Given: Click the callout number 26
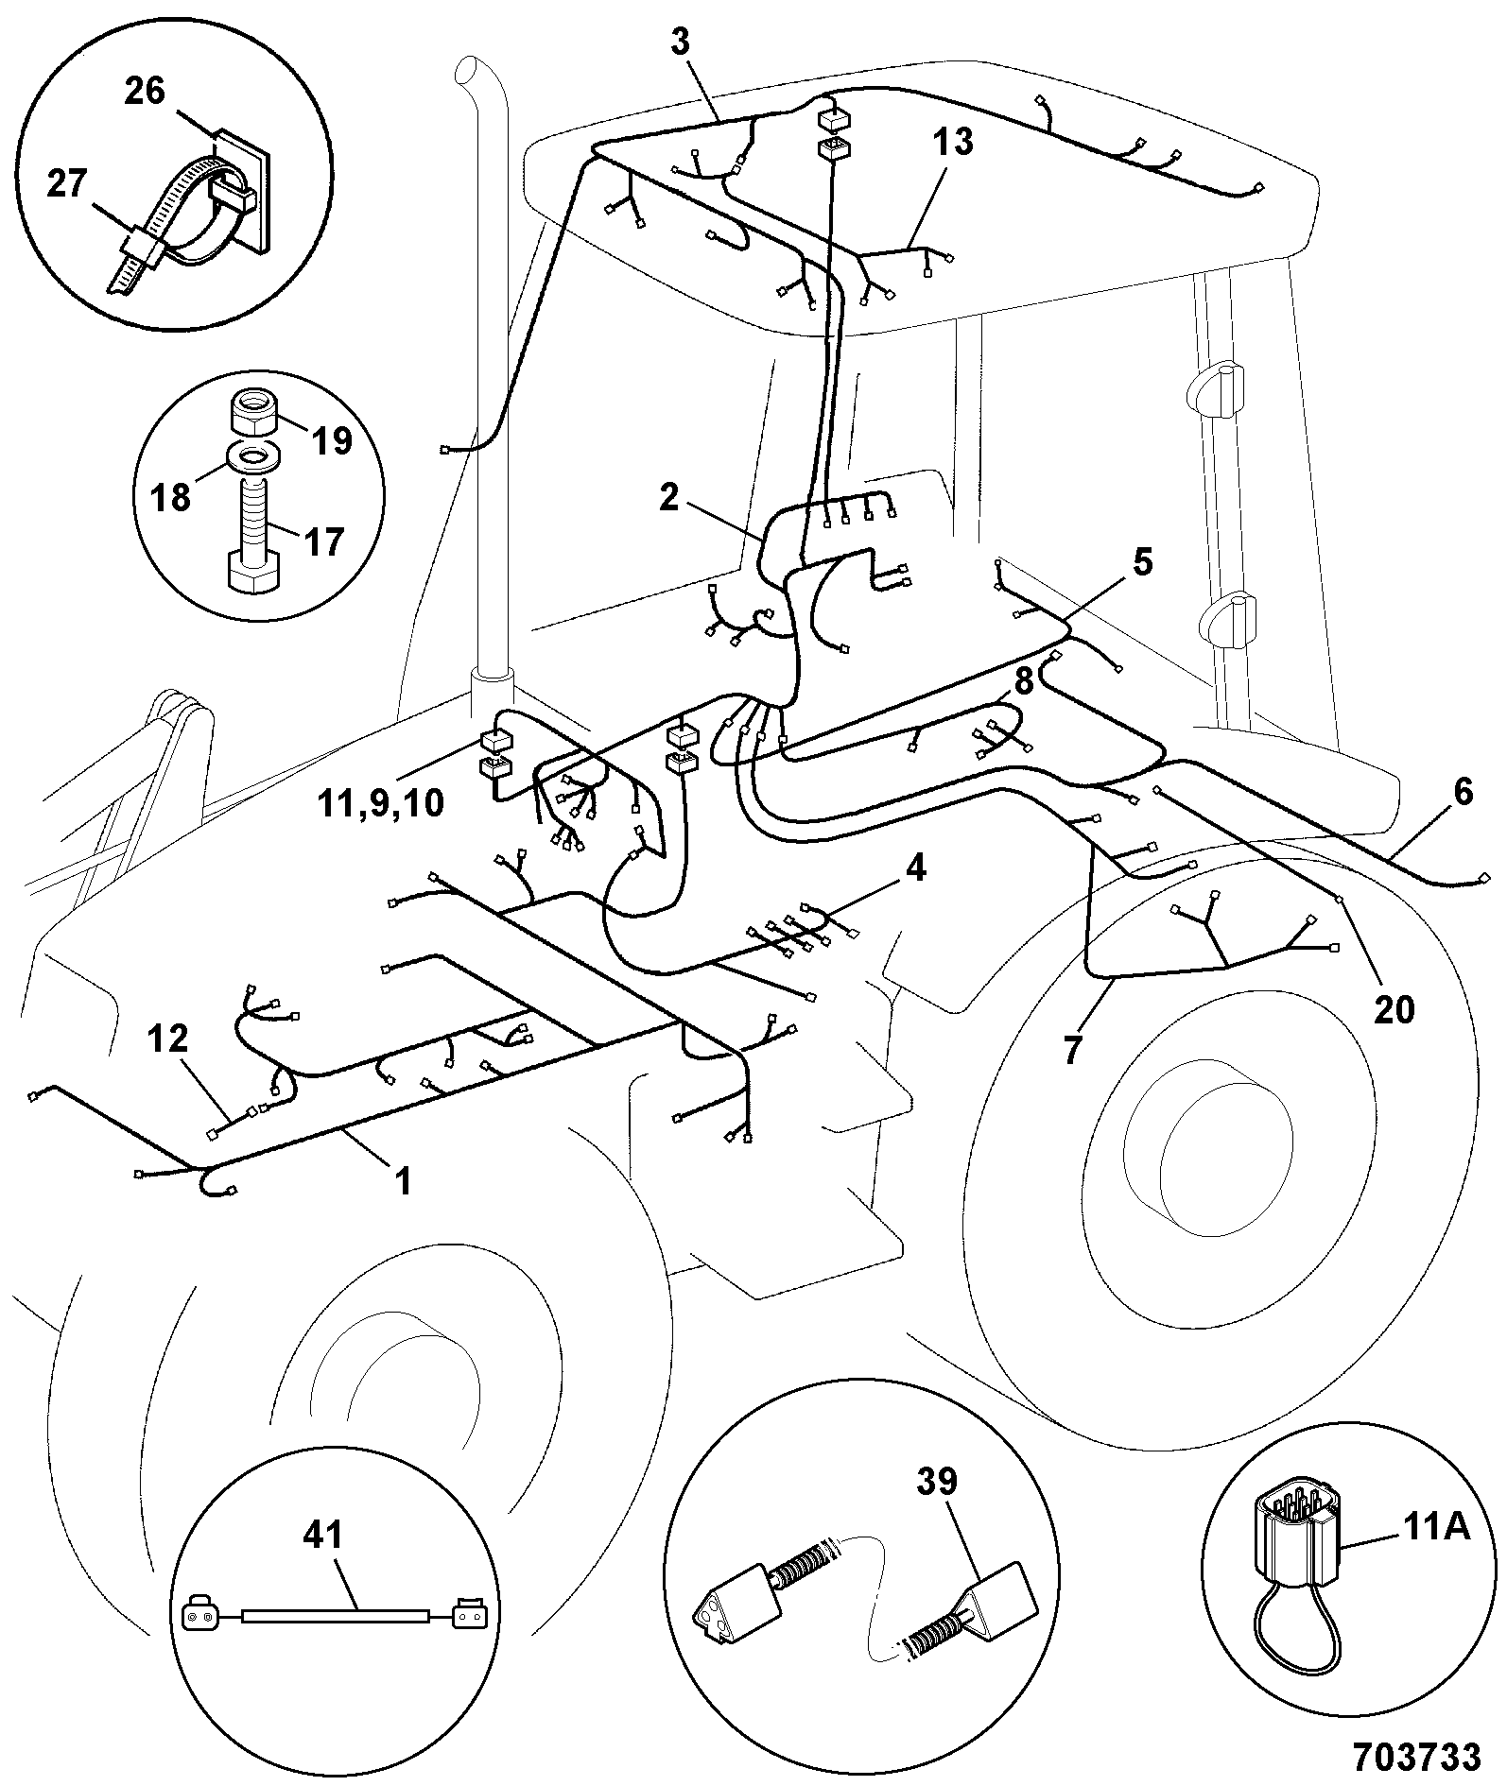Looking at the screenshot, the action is [145, 92].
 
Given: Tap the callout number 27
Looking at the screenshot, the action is [67, 183].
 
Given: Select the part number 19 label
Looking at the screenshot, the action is [332, 439].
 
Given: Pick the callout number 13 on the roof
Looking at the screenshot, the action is [952, 144].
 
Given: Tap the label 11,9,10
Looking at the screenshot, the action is [381, 804].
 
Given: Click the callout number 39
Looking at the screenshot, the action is [936, 1482].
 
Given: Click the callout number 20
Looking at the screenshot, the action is [1394, 1009].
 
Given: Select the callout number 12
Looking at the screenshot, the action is [167, 1039].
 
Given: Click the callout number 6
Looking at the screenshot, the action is [1463, 792].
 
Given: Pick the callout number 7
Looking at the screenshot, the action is [1071, 1051].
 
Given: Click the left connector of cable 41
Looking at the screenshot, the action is [202, 1613].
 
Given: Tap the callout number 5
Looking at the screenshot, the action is [1143, 564].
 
